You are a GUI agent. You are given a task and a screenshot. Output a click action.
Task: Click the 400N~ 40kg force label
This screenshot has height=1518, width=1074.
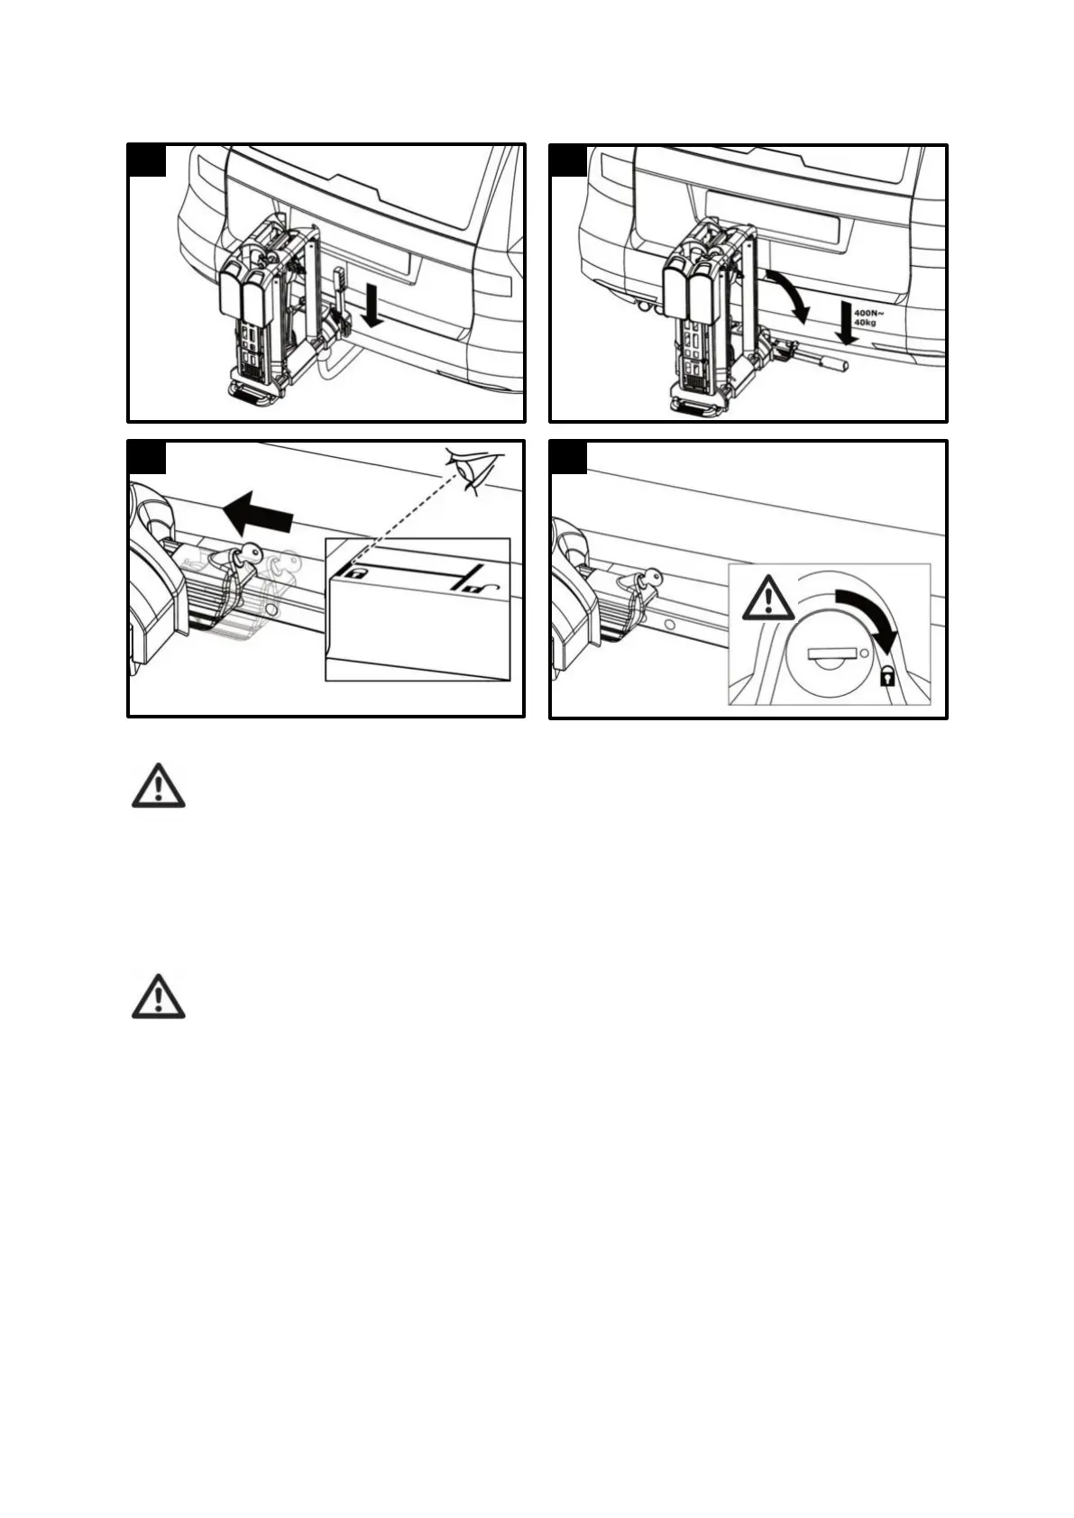click(x=868, y=316)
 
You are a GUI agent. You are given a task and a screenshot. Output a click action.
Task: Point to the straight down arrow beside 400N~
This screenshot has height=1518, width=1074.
click(x=845, y=324)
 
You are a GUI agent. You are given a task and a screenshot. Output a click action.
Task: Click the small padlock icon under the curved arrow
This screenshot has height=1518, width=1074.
click(x=886, y=676)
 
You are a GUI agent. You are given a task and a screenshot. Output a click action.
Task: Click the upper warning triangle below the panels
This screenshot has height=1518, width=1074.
click(x=159, y=786)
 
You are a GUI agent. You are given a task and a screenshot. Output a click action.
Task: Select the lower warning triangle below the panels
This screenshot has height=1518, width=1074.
click(x=159, y=997)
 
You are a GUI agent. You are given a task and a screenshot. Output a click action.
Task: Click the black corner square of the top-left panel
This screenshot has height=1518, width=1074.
click(x=147, y=160)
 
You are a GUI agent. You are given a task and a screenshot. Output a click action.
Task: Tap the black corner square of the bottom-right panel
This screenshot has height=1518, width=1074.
click(x=568, y=457)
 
